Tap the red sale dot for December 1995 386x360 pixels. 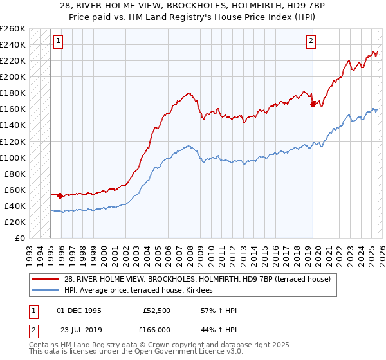60,195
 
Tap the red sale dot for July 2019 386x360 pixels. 313,104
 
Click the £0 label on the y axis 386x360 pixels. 21,238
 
